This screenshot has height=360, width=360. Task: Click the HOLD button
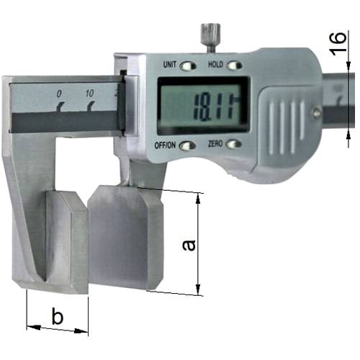click(x=234, y=65)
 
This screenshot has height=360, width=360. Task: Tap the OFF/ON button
click(x=187, y=145)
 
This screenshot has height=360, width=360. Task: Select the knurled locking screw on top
click(x=210, y=37)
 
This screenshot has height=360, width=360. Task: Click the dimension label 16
click(x=338, y=43)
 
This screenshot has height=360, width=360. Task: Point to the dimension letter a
click(x=189, y=246)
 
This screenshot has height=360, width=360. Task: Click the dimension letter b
click(x=58, y=316)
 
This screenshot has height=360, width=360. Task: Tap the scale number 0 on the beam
click(x=59, y=94)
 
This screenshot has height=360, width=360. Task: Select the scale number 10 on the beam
click(x=90, y=94)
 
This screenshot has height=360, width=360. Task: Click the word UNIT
click(x=170, y=65)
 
